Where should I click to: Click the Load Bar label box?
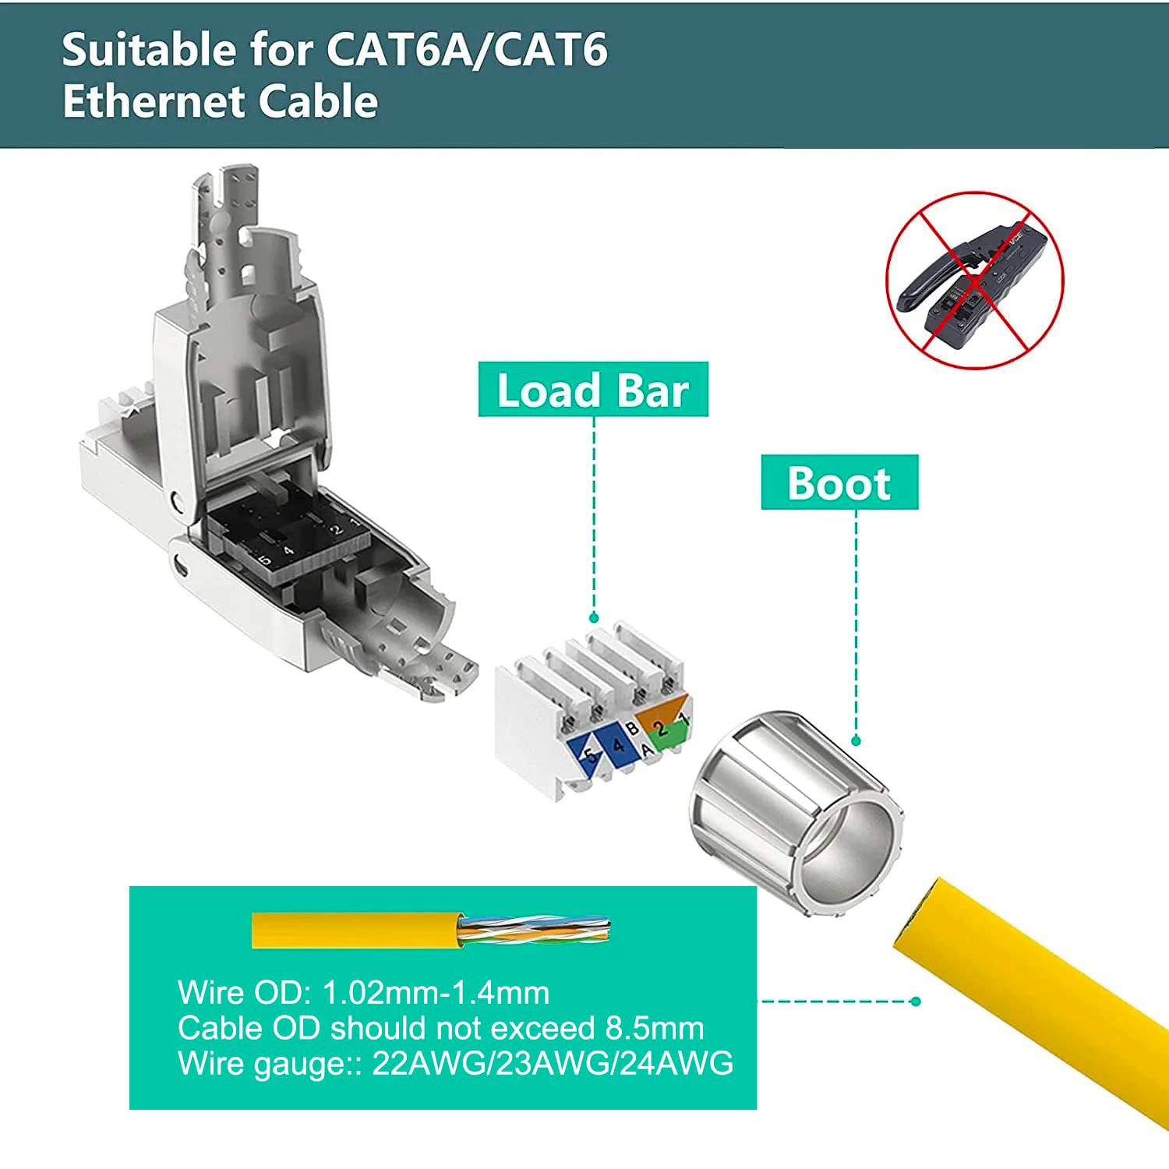[x=592, y=390]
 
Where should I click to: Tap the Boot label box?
[x=839, y=482]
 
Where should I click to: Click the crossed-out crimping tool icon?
[x=974, y=281]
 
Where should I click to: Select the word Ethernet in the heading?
[x=153, y=102]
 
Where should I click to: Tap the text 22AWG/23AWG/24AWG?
[x=552, y=1063]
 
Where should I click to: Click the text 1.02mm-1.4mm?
[x=435, y=993]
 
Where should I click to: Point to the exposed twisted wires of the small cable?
[x=534, y=930]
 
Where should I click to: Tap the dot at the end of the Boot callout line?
[x=856, y=740]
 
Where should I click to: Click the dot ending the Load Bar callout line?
[x=594, y=618]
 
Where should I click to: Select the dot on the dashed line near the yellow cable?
[x=916, y=1001]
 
